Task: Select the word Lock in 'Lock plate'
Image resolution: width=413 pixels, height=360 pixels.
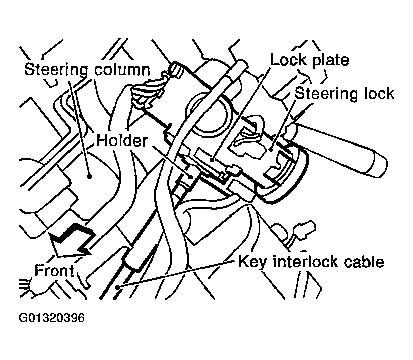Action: (288, 60)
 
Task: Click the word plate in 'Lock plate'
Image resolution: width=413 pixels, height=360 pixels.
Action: (329, 60)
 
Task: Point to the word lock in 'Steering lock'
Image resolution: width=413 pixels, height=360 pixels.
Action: (376, 93)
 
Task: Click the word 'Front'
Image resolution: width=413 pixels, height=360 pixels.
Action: (54, 271)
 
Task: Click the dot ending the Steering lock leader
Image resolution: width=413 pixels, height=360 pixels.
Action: (271, 149)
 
